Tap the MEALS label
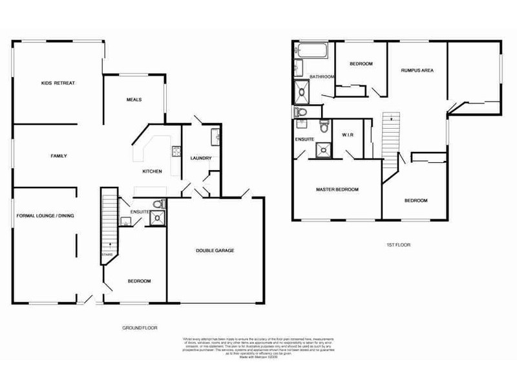pyautogui.click(x=133, y=99)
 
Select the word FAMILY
pyautogui.click(x=59, y=156)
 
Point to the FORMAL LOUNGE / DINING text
pyautogui.click(x=46, y=215)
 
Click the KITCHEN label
pyautogui.click(x=152, y=171)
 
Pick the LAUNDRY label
pyautogui.click(x=201, y=158)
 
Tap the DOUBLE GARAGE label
pyautogui.click(x=215, y=250)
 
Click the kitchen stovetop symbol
pyautogui.click(x=175, y=153)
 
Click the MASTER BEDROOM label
pyautogui.click(x=337, y=189)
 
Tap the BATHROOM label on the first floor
pyautogui.click(x=321, y=77)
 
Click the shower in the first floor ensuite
pyautogui.click(x=322, y=151)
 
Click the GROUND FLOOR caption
pyautogui.click(x=140, y=328)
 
